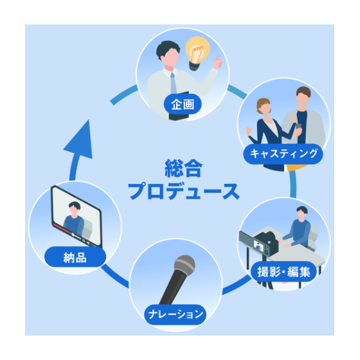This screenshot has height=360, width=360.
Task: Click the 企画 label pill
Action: point(183,104)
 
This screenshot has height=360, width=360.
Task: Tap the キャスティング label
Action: point(283,154)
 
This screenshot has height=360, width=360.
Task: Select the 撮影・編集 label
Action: point(283,271)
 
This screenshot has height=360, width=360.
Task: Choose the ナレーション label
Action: point(175,314)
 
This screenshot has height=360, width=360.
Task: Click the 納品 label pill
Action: point(75,257)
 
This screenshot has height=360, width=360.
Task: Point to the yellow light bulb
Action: point(197,53)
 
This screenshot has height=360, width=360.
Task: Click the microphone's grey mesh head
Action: point(185,265)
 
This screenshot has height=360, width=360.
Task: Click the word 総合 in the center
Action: point(183,168)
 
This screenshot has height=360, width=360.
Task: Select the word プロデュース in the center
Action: point(184,191)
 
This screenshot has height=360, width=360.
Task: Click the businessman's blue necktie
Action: point(173,84)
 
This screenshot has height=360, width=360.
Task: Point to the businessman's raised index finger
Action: point(217,58)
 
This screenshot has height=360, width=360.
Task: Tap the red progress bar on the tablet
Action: point(62,228)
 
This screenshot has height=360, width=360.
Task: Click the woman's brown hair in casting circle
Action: point(263,105)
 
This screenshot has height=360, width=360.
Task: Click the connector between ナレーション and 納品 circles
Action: point(114,276)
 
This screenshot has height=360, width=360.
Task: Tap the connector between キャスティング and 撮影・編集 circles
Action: point(292,184)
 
